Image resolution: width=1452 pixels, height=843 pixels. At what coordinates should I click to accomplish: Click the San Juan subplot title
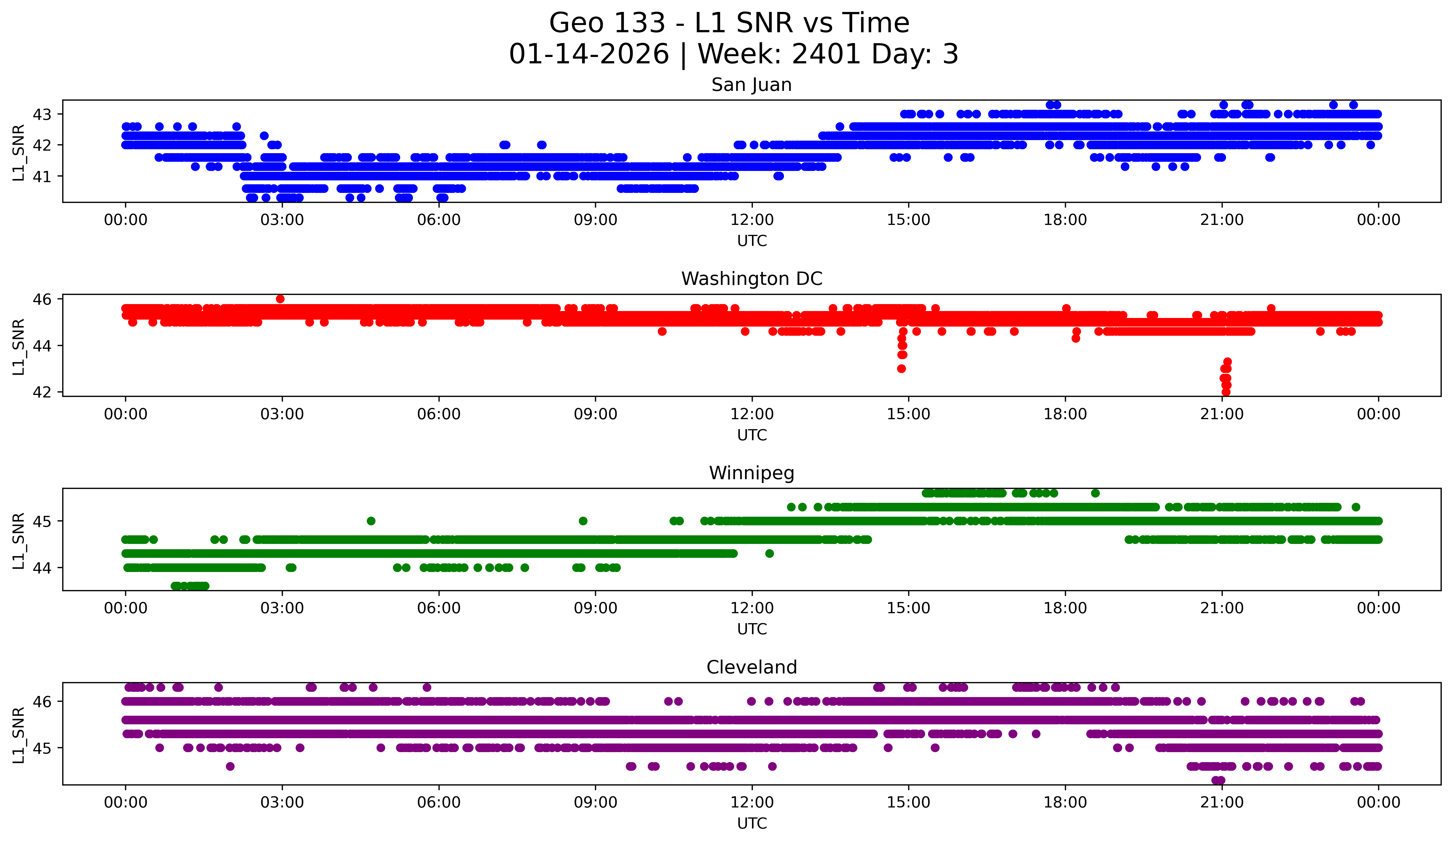point(751,85)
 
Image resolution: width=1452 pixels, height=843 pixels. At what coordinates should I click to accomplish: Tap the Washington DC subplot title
point(751,279)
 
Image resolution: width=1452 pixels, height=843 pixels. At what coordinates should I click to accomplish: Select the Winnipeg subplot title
point(751,473)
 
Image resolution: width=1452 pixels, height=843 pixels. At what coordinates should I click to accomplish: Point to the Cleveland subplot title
point(751,667)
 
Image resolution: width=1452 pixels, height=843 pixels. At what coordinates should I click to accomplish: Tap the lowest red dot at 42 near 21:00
point(1226,392)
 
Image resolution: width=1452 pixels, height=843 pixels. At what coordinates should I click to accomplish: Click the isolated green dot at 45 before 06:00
point(371,521)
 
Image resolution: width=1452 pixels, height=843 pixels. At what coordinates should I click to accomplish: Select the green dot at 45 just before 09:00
point(583,521)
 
